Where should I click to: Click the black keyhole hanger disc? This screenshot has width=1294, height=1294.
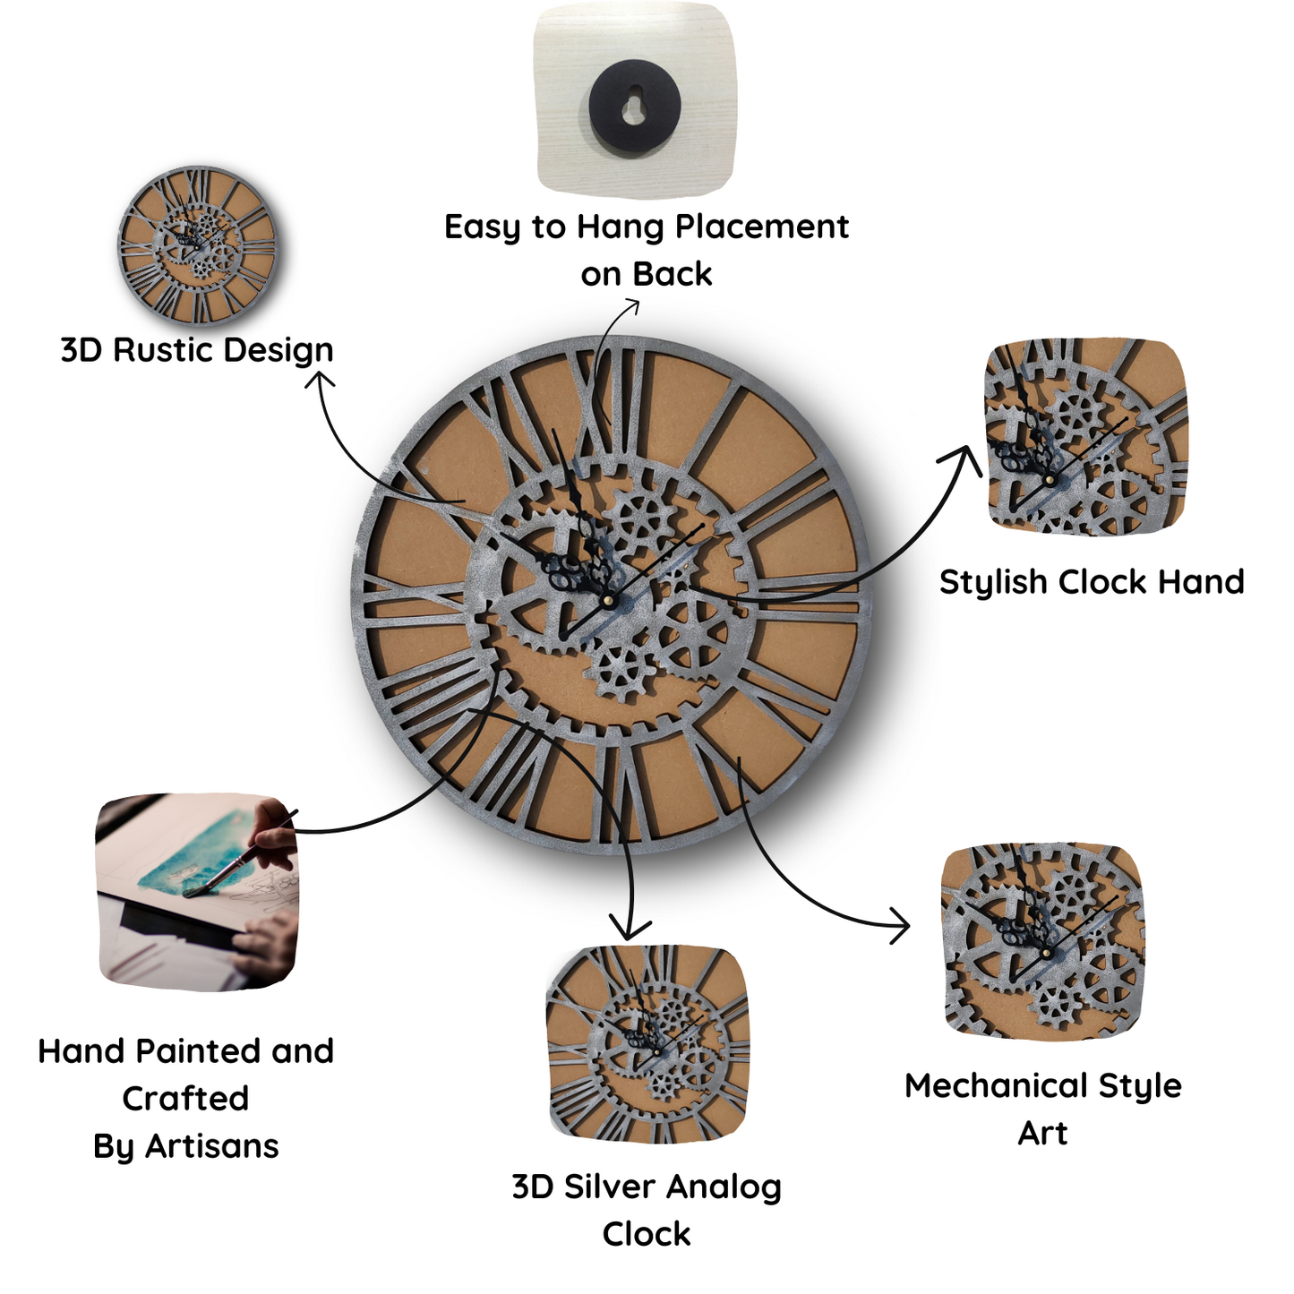(x=634, y=106)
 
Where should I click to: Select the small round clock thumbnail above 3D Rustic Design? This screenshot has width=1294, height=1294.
(x=198, y=245)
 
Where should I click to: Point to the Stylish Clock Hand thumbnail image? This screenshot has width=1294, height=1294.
(x=1085, y=437)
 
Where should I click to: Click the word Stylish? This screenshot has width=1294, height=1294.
(x=993, y=583)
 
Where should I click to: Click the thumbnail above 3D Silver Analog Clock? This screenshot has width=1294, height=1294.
(x=647, y=1044)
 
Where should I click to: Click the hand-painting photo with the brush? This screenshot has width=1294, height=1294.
(x=197, y=891)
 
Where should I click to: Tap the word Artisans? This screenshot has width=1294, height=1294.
(x=212, y=1146)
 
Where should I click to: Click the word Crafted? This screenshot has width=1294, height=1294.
(x=185, y=1099)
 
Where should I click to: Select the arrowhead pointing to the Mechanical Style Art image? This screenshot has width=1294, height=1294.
(x=901, y=924)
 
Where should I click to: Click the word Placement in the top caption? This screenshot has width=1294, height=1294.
(x=761, y=227)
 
